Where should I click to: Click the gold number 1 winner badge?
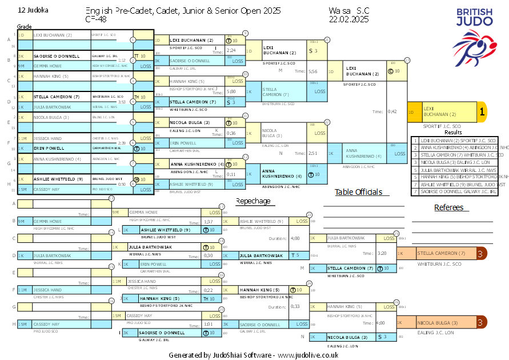pos(482,113)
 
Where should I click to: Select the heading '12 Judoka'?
pos(33,10)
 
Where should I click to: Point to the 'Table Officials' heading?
pos(358,192)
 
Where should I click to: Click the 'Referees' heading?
pos(448,207)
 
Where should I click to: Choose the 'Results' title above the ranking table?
pos(453,132)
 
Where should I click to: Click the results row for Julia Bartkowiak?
pos(455,170)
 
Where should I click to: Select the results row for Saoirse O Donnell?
pos(455,192)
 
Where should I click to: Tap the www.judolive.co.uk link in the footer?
pos(308,355)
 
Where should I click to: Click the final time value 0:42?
pos(392,112)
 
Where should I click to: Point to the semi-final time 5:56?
pos(312,72)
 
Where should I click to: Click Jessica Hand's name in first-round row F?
pos(48,138)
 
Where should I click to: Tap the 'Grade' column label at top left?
pos(24,27)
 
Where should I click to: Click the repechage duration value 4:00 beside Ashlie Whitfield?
pos(295,238)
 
